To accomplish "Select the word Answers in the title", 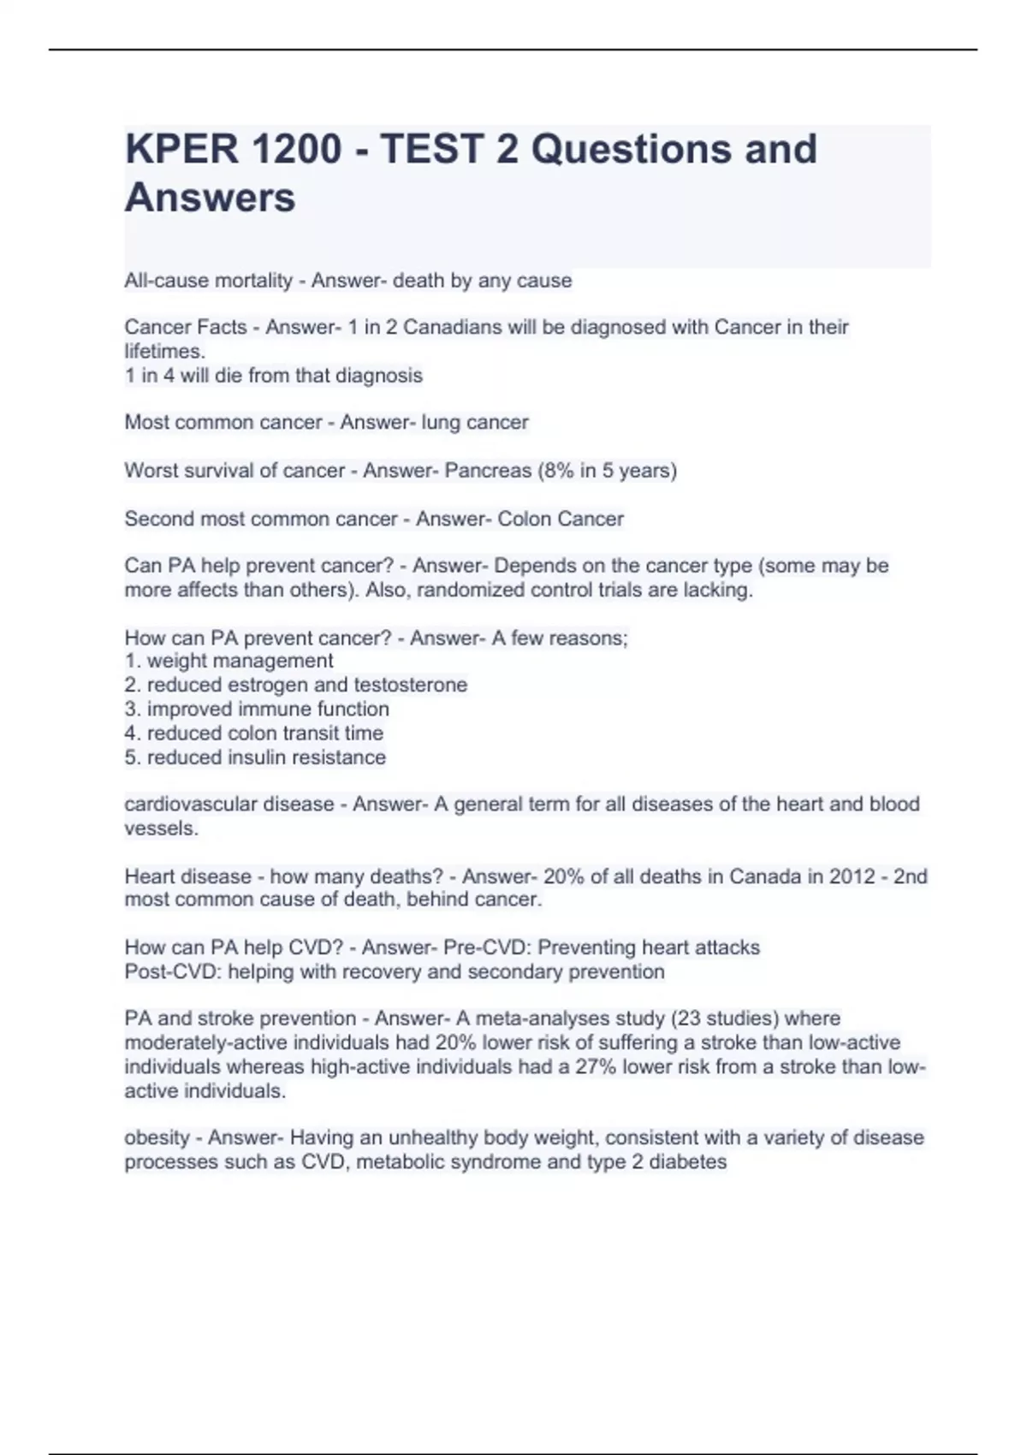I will (x=211, y=198).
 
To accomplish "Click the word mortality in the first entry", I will (x=252, y=281).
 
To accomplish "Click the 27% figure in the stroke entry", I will (x=596, y=1067).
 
